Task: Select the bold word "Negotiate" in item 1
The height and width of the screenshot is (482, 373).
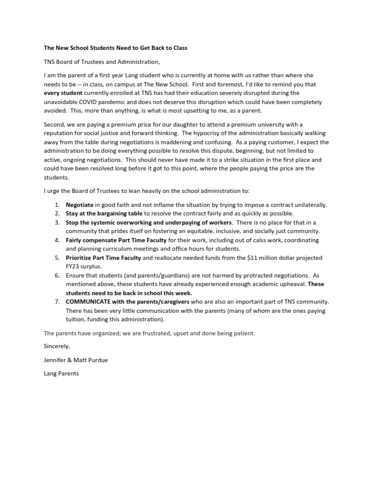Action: click(80, 205)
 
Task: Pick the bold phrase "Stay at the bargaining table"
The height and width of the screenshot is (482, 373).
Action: click(104, 214)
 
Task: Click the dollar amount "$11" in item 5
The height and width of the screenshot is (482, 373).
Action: click(247, 258)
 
